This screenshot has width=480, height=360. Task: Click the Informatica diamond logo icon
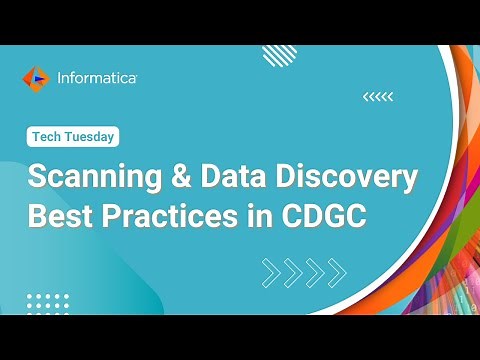coord(34,77)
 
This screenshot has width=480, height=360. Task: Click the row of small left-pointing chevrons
coord(377,97)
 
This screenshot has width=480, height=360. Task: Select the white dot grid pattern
coord(47,302)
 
